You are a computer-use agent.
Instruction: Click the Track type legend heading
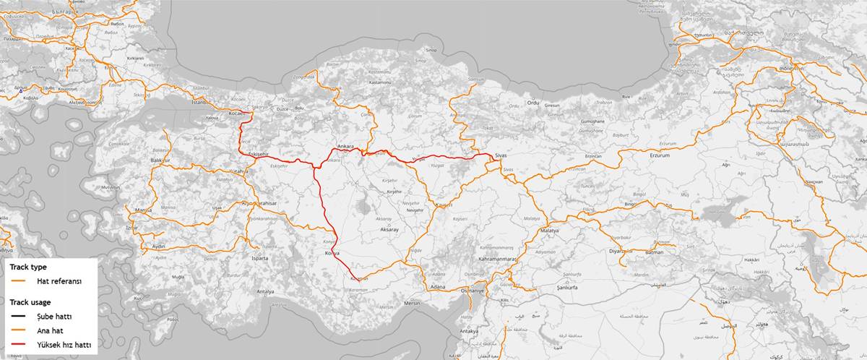coord(29,267)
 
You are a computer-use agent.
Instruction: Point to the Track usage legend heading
coord(33,301)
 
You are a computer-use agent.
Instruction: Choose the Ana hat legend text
coord(51,330)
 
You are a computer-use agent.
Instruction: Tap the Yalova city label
coord(212,116)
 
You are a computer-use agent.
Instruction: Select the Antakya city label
coord(469,331)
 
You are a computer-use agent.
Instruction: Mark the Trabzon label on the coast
coord(604,102)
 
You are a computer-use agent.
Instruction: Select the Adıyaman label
coord(545,252)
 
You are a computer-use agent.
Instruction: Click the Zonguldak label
coord(303,76)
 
